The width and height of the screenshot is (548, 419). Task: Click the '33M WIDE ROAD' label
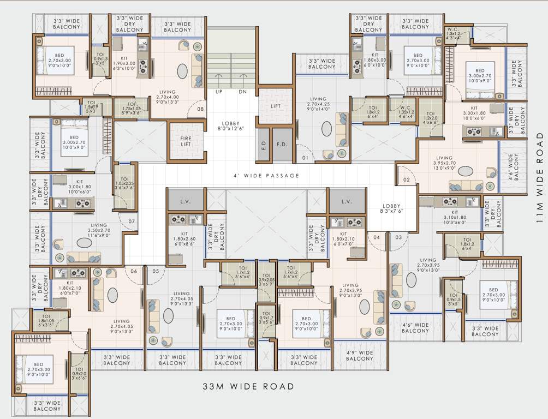248,387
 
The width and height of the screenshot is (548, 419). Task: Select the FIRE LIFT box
186,142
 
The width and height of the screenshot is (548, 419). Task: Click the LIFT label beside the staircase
276,106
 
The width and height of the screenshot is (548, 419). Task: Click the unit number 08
200,109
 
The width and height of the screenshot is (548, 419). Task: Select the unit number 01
305,159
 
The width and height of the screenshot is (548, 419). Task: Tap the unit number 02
406,179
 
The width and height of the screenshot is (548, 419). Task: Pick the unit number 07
132,222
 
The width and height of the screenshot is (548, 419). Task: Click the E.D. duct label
263,146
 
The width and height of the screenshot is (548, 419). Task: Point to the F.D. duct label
282,146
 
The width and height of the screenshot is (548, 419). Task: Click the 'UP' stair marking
219,92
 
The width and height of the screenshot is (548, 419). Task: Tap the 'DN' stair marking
243,92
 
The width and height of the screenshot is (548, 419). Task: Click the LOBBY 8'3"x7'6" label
391,208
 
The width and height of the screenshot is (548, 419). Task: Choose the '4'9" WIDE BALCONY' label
360,355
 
